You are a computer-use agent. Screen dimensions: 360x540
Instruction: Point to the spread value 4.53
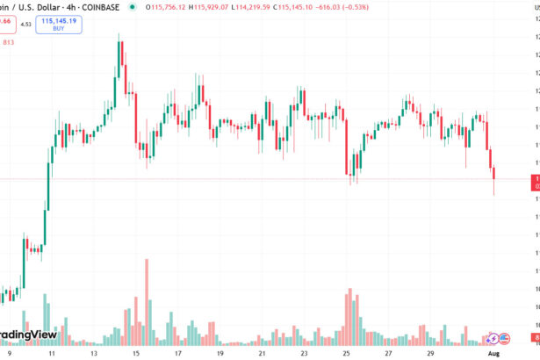pos(25,24)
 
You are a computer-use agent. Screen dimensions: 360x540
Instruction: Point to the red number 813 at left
pos(9,41)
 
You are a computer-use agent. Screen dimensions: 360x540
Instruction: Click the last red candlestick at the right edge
pos(495,179)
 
